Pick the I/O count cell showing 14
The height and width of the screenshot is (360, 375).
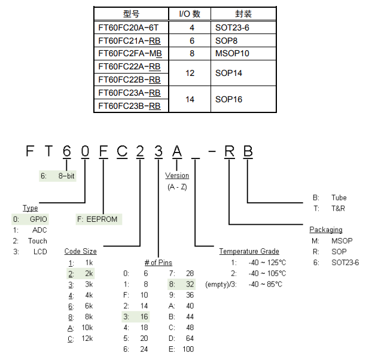191,99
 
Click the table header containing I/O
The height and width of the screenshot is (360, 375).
191,14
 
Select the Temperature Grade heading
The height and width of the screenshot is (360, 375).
249,251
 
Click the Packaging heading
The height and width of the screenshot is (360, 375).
326,230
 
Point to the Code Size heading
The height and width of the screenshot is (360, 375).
81,251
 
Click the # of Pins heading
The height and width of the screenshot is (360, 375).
158,263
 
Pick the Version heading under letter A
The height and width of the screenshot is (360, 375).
177,176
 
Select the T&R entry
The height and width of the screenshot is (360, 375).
338,208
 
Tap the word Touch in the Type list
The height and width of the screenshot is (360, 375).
37,241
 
